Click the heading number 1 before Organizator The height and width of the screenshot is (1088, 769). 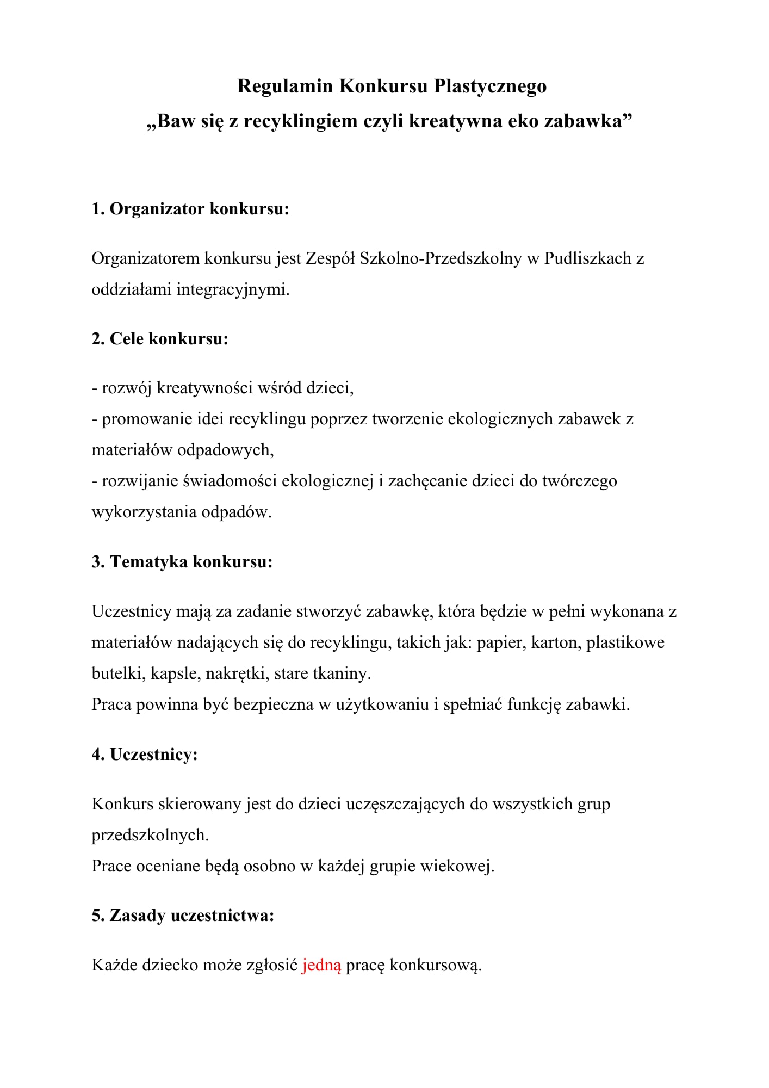[97, 209]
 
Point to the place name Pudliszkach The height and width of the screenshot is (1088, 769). [587, 258]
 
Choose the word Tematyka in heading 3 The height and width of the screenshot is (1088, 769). [148, 562]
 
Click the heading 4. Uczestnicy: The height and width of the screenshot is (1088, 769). [144, 755]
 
